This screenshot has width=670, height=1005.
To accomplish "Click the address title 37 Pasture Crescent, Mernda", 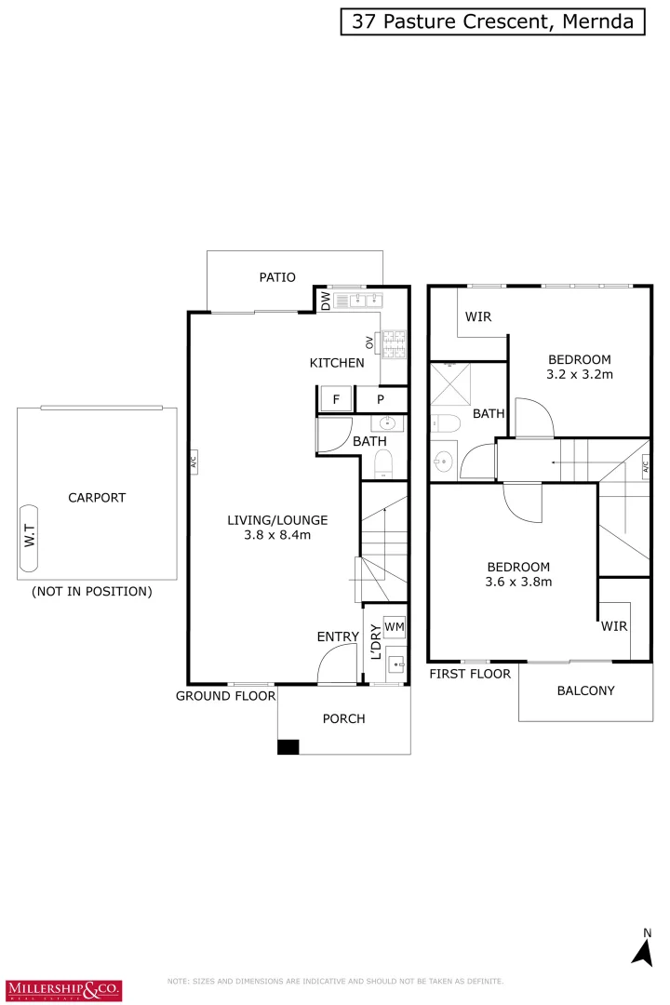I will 492,21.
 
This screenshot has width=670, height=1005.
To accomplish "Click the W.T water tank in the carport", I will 29,539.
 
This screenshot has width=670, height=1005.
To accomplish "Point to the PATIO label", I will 277,276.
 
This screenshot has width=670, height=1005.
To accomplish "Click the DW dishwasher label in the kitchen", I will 325,301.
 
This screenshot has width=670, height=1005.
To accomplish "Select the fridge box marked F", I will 335,399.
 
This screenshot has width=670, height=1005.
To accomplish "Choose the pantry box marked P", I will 381,400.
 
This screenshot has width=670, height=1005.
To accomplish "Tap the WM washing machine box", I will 394,626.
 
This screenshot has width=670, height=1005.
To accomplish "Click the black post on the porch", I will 288,746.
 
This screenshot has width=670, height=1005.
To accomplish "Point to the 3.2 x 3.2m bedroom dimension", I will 579,375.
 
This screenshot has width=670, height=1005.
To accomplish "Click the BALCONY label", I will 585,690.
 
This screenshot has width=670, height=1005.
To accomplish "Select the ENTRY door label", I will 337,636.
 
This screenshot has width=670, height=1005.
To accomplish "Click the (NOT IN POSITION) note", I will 91,591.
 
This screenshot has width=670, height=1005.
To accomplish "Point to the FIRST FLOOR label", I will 470,673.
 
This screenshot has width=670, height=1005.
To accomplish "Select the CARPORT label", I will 97,498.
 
